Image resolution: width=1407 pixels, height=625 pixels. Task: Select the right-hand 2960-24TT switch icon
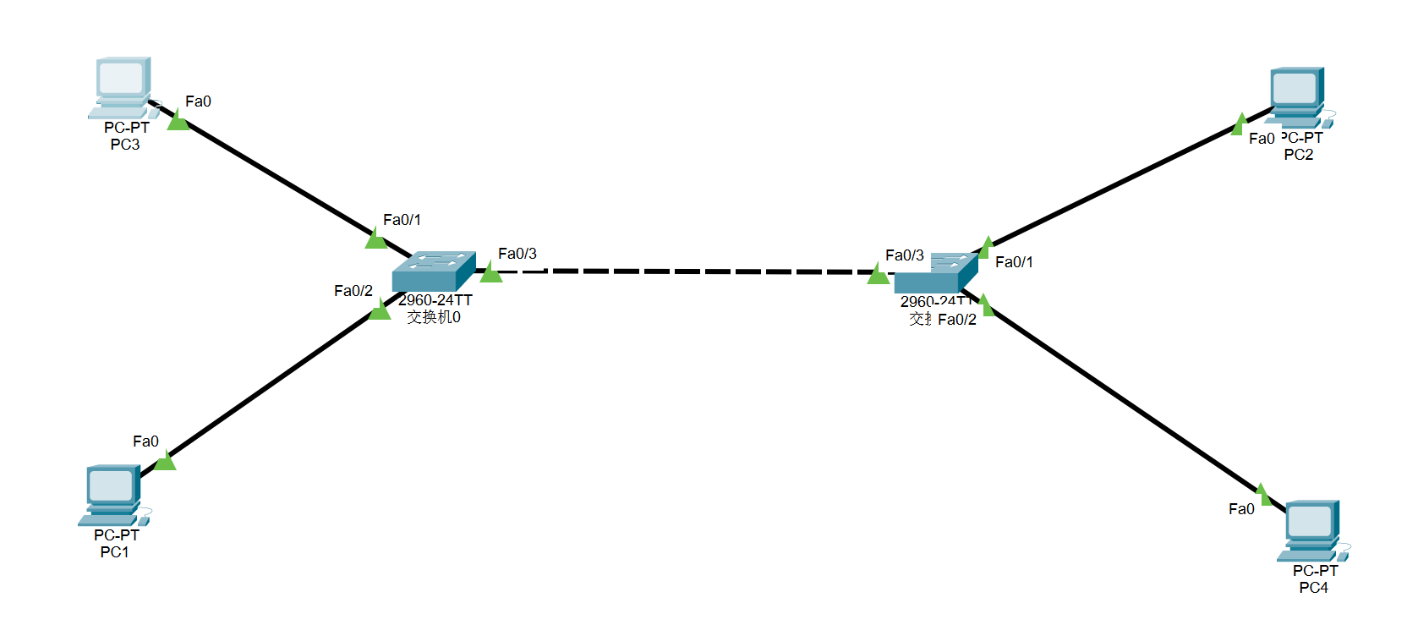[935, 273]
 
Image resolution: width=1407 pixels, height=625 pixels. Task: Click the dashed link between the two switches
[685, 271]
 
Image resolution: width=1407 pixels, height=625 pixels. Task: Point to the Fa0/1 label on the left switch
[402, 220]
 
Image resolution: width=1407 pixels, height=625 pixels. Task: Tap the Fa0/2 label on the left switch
[353, 291]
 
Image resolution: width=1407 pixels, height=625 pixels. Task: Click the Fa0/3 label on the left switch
[517, 254]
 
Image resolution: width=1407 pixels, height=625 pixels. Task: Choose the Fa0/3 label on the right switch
[904, 255]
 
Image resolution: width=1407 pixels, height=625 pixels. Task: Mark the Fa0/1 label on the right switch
[1014, 262]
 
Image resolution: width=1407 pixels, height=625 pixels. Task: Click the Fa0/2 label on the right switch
[956, 320]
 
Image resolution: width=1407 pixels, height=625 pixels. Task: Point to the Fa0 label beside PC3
[198, 101]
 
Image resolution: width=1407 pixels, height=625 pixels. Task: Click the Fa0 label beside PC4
[1241, 509]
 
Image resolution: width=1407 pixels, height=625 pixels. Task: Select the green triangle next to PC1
[165, 461]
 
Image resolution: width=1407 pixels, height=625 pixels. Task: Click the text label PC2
[1298, 155]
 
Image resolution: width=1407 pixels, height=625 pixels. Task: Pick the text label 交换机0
[433, 317]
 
